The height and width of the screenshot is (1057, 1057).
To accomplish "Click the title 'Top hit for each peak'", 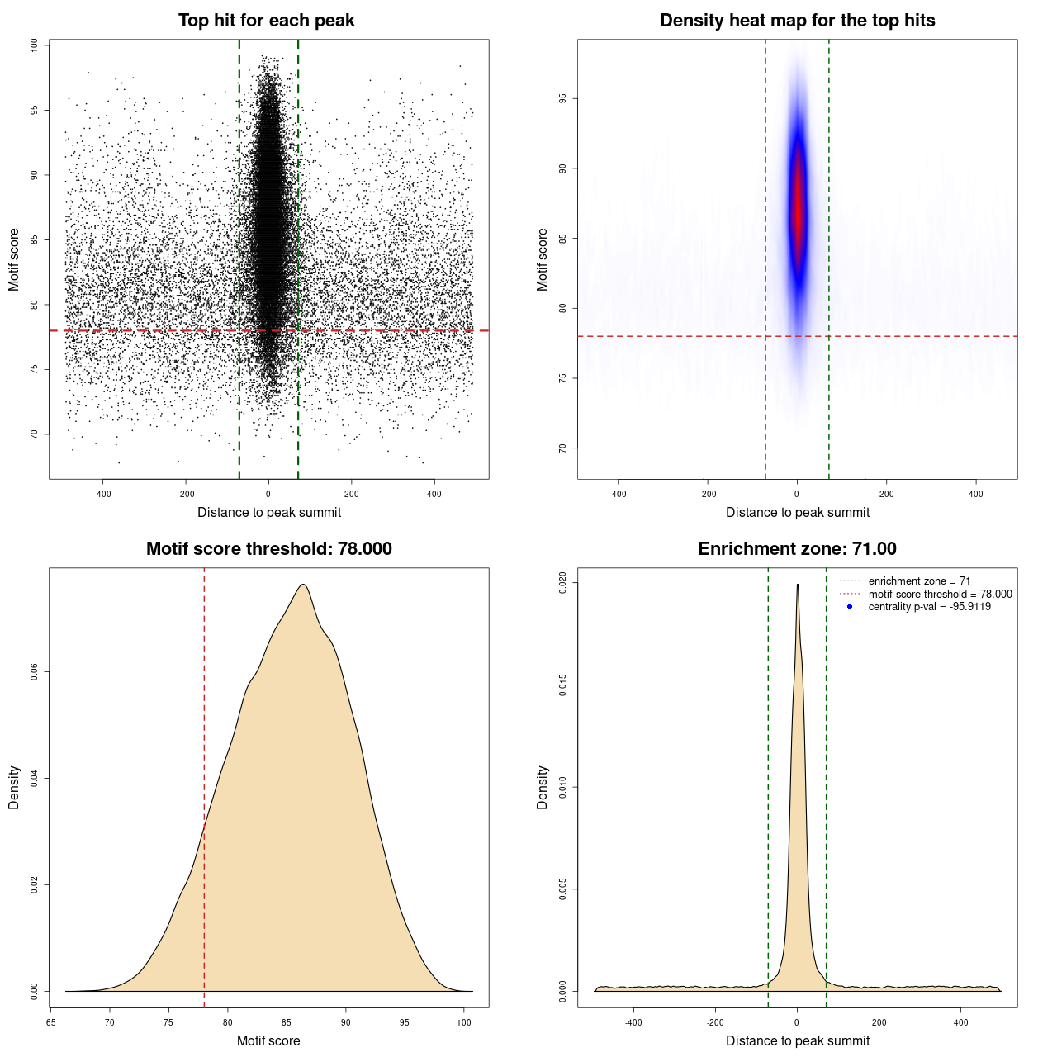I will (x=266, y=21).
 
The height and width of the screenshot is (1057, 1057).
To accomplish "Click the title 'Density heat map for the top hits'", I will (x=797, y=21).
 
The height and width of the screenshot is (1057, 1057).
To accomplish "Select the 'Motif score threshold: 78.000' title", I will (x=268, y=549).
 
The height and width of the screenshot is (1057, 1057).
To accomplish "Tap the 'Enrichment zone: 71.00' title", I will (x=797, y=549).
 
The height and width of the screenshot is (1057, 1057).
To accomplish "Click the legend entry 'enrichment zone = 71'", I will (x=919, y=581).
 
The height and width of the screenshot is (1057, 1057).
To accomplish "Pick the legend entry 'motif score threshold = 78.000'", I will (x=940, y=594).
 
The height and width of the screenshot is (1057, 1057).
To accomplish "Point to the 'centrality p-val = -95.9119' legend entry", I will (x=929, y=607).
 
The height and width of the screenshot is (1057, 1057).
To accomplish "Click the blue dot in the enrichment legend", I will (x=850, y=607).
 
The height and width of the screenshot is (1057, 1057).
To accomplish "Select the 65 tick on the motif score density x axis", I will (x=51, y=1022).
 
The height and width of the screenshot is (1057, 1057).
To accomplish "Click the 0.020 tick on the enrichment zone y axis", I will (x=562, y=582).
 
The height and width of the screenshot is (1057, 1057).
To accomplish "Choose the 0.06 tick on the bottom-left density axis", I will (x=34, y=672).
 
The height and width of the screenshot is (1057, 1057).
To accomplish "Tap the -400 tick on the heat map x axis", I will (x=618, y=494).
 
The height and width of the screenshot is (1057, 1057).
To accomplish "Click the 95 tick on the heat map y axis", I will (x=562, y=98).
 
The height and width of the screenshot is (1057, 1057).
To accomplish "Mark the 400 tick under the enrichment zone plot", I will (x=960, y=1022).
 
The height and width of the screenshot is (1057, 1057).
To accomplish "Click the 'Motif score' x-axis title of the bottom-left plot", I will (x=268, y=1040).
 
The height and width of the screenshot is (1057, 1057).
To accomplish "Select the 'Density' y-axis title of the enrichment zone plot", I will (x=543, y=787).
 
